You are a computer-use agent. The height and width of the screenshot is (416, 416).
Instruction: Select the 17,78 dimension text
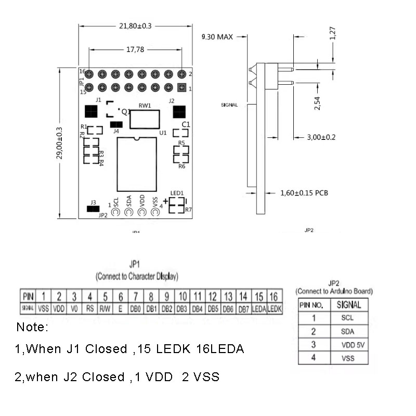pos(135,49)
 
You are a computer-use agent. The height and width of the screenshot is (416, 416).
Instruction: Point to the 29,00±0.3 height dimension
pos(59,145)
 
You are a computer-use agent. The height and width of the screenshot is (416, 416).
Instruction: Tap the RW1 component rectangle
pos(145,119)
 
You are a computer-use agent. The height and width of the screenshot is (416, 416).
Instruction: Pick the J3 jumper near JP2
pos(94,209)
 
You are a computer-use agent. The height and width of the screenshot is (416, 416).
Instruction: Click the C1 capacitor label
pos(186,124)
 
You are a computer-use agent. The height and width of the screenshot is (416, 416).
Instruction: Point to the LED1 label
pos(177,193)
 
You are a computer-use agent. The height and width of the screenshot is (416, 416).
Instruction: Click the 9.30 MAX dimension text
pos(217,37)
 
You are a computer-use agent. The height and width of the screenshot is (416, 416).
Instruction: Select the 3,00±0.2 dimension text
pos(321,137)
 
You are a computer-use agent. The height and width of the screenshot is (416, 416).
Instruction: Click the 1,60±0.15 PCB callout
pos(304,193)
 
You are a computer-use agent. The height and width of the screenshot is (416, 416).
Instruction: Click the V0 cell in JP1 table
pos(74,308)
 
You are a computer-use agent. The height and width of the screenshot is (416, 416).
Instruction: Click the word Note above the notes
pos(32,328)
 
